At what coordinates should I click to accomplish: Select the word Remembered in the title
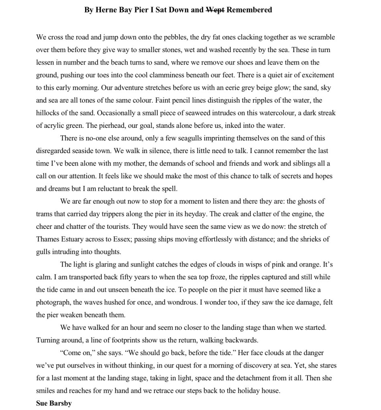249,10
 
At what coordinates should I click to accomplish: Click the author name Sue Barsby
54,403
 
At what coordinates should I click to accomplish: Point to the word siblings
300,164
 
